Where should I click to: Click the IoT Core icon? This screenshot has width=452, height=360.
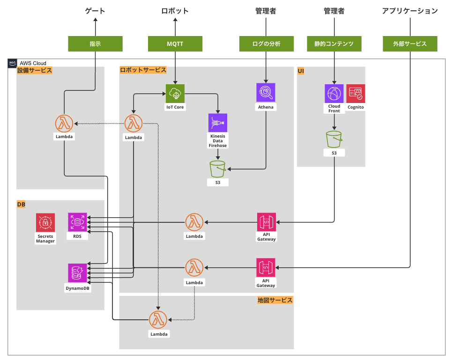(x=175, y=94)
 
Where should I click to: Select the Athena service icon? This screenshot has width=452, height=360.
(x=266, y=92)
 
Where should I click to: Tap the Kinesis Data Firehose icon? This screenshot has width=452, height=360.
(x=218, y=123)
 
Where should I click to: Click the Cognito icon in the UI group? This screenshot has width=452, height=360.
(x=356, y=94)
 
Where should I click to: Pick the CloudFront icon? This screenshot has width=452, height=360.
(x=334, y=94)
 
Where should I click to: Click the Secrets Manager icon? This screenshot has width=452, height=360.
(x=45, y=222)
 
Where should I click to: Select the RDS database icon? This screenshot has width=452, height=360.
(x=77, y=222)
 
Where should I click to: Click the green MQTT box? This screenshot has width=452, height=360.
(x=175, y=44)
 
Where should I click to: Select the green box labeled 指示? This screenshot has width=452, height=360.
(x=95, y=44)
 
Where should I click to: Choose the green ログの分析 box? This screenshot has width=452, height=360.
(x=266, y=44)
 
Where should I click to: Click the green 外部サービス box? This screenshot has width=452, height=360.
(x=410, y=44)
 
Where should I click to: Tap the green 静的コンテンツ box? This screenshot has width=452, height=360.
(x=334, y=44)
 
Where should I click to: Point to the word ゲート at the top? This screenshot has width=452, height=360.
(x=95, y=11)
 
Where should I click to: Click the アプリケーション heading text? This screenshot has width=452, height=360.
(x=410, y=11)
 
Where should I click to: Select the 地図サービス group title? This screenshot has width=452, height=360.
(x=275, y=300)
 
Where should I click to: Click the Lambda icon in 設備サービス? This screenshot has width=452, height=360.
(x=64, y=124)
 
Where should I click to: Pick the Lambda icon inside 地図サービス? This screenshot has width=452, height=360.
(x=158, y=320)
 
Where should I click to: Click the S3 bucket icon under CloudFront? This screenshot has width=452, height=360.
(x=334, y=139)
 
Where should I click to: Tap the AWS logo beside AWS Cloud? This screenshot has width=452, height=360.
(x=12, y=63)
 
